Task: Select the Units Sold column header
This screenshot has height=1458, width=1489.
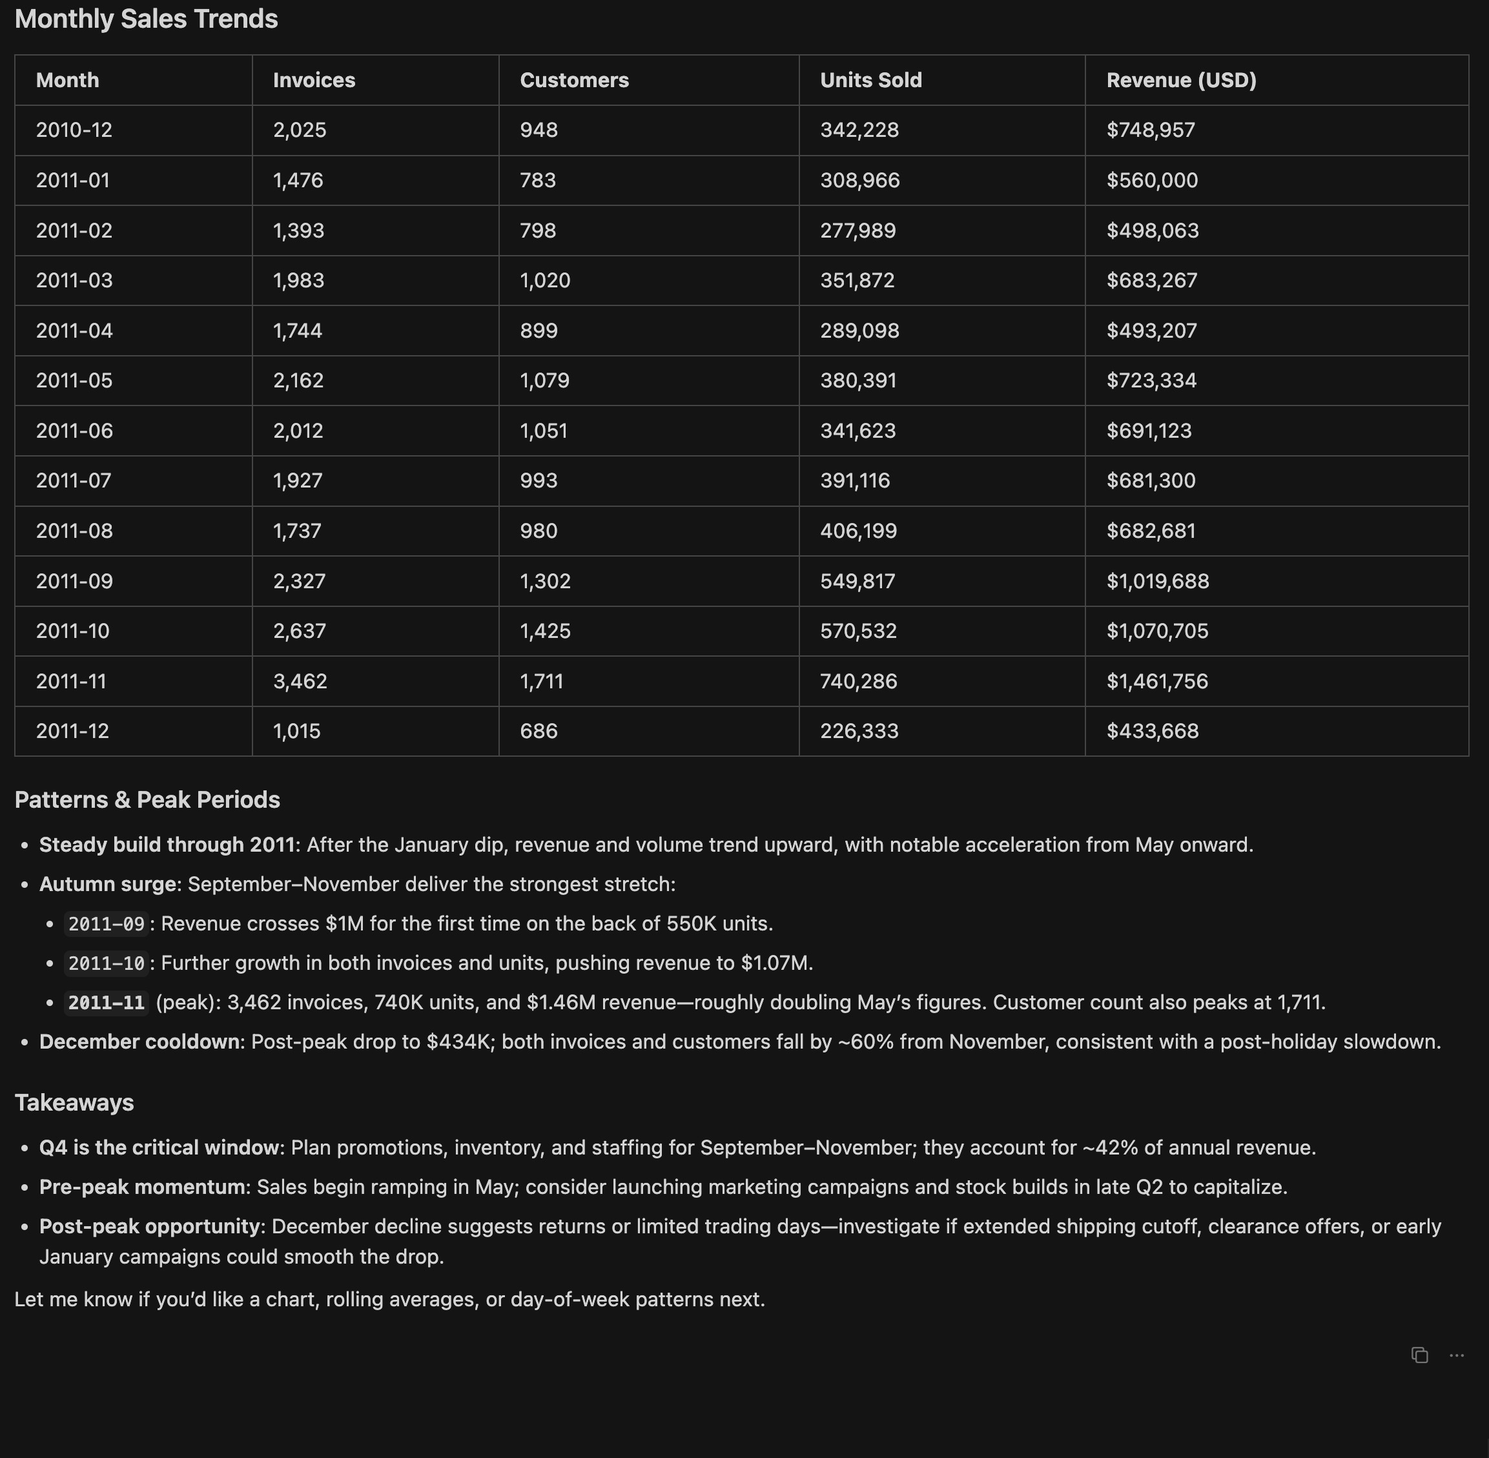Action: [x=871, y=81]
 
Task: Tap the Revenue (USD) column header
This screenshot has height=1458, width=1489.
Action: [x=1181, y=81]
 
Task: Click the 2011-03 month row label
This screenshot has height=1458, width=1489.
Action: [x=74, y=280]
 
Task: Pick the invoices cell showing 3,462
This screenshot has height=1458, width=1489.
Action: [x=300, y=681]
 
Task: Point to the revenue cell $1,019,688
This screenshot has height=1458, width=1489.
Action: [x=1157, y=581]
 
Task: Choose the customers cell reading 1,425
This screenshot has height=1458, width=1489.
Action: [x=546, y=631]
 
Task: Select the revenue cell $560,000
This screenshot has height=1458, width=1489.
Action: [x=1152, y=181]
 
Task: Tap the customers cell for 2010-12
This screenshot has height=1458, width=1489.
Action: [x=539, y=130]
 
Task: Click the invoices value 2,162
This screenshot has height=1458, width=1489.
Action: [x=298, y=380]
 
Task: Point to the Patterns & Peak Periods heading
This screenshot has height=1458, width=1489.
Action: [x=147, y=799]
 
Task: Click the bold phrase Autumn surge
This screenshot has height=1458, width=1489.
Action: [x=108, y=885]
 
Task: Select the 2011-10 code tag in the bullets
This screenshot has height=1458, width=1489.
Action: [x=107, y=963]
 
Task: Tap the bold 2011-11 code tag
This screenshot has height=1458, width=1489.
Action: [x=107, y=1003]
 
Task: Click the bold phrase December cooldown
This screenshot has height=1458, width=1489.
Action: [x=139, y=1042]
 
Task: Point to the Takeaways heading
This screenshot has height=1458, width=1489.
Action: [x=74, y=1103]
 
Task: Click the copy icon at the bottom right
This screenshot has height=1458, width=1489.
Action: [x=1419, y=1355]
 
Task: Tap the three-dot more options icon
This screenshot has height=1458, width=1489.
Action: [x=1457, y=1355]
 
